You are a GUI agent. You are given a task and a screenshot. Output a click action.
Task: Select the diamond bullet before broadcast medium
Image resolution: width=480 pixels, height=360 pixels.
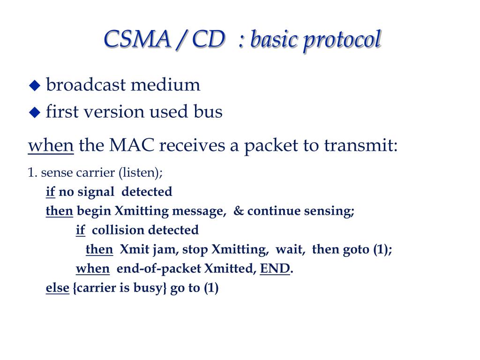[35, 86]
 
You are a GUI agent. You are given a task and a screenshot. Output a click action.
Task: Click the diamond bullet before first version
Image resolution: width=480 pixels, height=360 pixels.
[35, 112]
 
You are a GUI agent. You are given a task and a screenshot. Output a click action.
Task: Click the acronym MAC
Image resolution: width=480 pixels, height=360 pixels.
[132, 146]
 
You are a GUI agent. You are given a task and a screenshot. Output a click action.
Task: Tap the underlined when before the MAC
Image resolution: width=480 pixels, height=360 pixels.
[51, 146]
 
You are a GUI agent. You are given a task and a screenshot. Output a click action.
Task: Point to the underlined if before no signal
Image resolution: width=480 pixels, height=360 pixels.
[50, 192]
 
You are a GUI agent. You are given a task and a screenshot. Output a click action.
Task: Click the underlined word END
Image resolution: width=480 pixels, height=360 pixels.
[275, 269]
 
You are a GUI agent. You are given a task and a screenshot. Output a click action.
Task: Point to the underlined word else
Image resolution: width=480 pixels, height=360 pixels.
[57, 288]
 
